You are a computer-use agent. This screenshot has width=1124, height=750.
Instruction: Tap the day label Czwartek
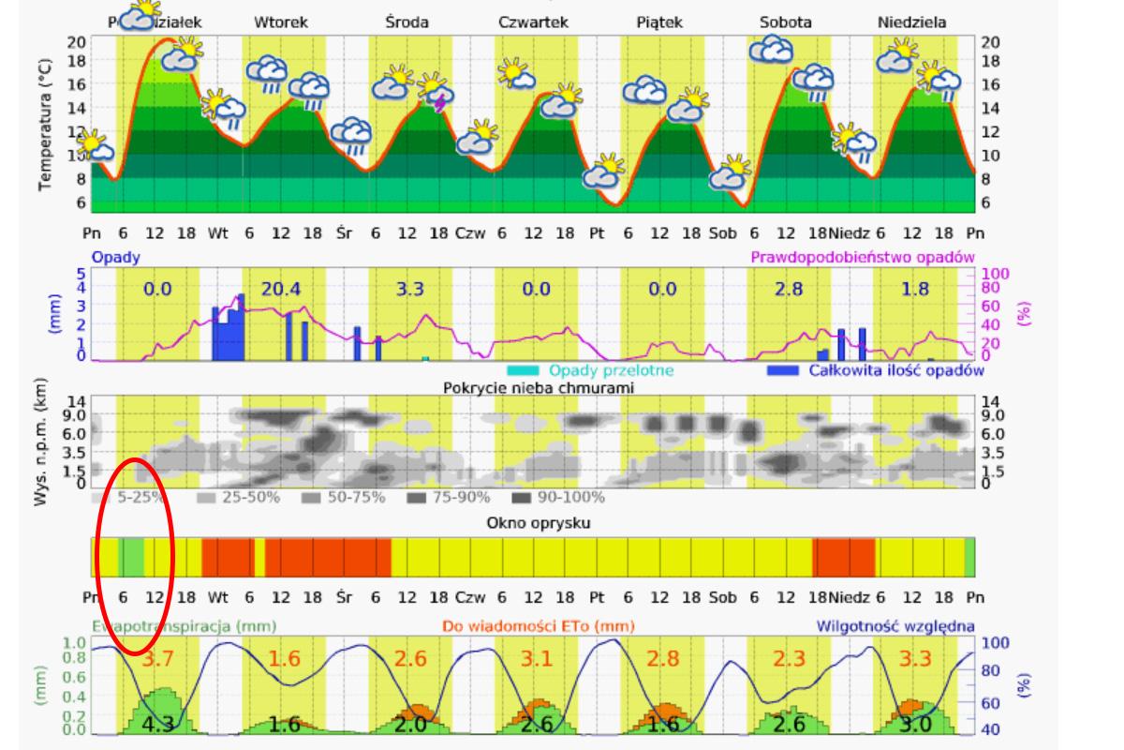click(x=533, y=22)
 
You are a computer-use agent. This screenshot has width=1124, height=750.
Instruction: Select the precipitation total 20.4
click(x=280, y=289)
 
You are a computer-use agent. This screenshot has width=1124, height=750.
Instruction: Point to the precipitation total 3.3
click(x=409, y=289)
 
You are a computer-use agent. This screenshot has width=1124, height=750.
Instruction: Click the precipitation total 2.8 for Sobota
click(x=788, y=289)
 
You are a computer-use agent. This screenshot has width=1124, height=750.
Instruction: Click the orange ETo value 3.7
click(x=158, y=658)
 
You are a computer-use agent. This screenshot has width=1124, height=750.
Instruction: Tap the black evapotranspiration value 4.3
click(x=158, y=724)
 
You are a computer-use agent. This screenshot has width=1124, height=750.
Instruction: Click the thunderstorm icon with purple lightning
click(x=436, y=90)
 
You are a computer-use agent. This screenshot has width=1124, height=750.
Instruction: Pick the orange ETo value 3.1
click(x=537, y=658)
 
